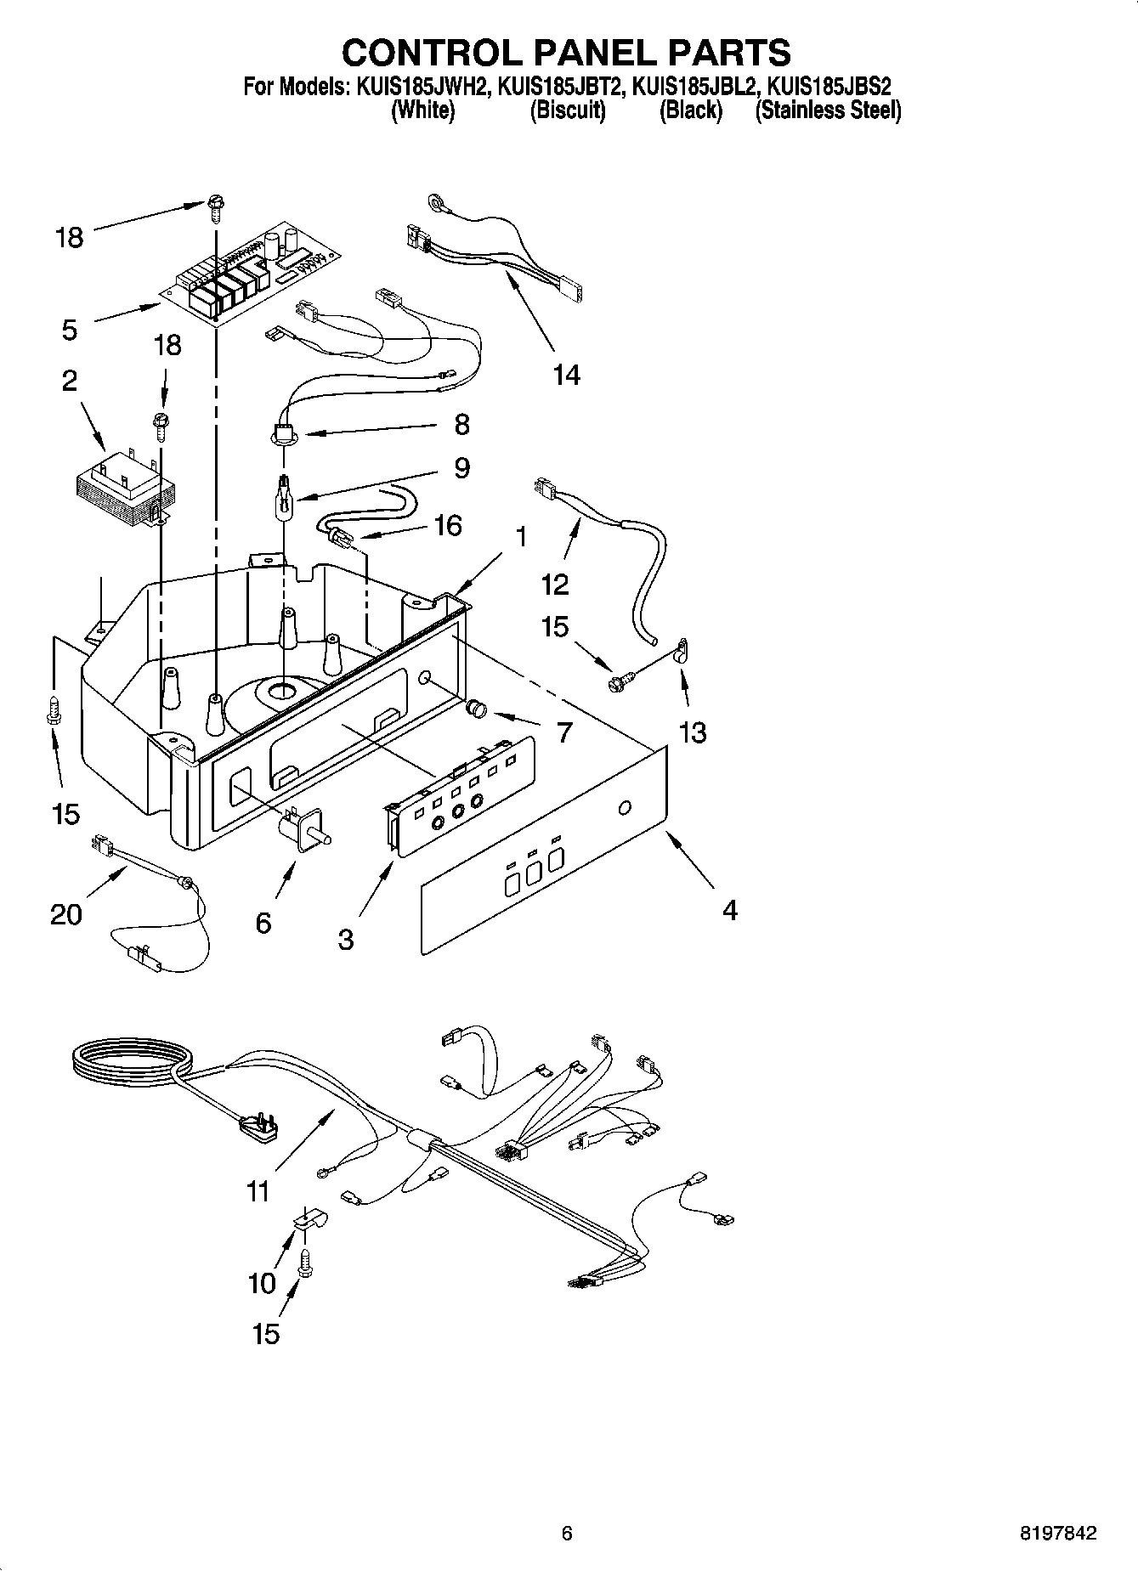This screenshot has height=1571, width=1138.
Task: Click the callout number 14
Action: (x=566, y=375)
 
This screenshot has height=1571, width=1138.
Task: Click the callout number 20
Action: (x=66, y=914)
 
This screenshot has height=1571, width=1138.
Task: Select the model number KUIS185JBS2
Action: (x=829, y=87)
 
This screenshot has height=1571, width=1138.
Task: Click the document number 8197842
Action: (x=1057, y=1534)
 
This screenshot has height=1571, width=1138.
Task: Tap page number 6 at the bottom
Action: (x=567, y=1534)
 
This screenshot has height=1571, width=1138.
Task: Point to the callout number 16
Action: (x=447, y=525)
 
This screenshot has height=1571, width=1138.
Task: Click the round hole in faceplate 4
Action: (x=625, y=807)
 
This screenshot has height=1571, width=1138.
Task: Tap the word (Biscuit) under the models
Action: (x=568, y=110)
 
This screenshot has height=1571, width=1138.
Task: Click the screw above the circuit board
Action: (x=213, y=206)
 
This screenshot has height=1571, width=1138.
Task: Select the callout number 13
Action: (x=693, y=732)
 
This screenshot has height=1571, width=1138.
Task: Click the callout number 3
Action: (x=345, y=940)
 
